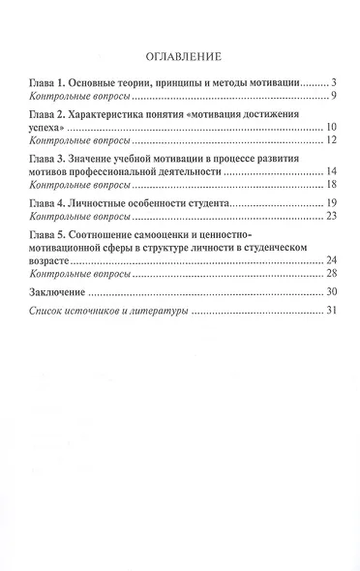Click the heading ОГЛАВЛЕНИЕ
pos(180,55)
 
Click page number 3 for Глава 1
pos(331,83)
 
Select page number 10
pos(329,127)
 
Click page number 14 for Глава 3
pos(329,170)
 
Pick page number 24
pos(329,260)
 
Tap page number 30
pos(329,292)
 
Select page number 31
pos(329,311)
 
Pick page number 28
pos(329,274)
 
